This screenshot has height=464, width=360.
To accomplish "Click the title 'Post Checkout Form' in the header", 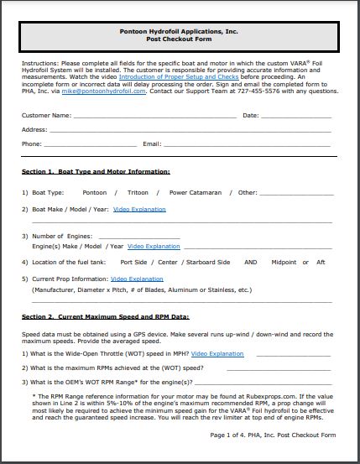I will (x=180, y=39).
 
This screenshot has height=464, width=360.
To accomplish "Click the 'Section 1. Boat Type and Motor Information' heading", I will (x=96, y=171).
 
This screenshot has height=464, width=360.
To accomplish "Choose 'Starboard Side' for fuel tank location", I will (x=206, y=263).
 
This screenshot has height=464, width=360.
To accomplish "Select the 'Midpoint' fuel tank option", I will (x=284, y=263).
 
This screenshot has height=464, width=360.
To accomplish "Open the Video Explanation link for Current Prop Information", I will (x=137, y=279).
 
